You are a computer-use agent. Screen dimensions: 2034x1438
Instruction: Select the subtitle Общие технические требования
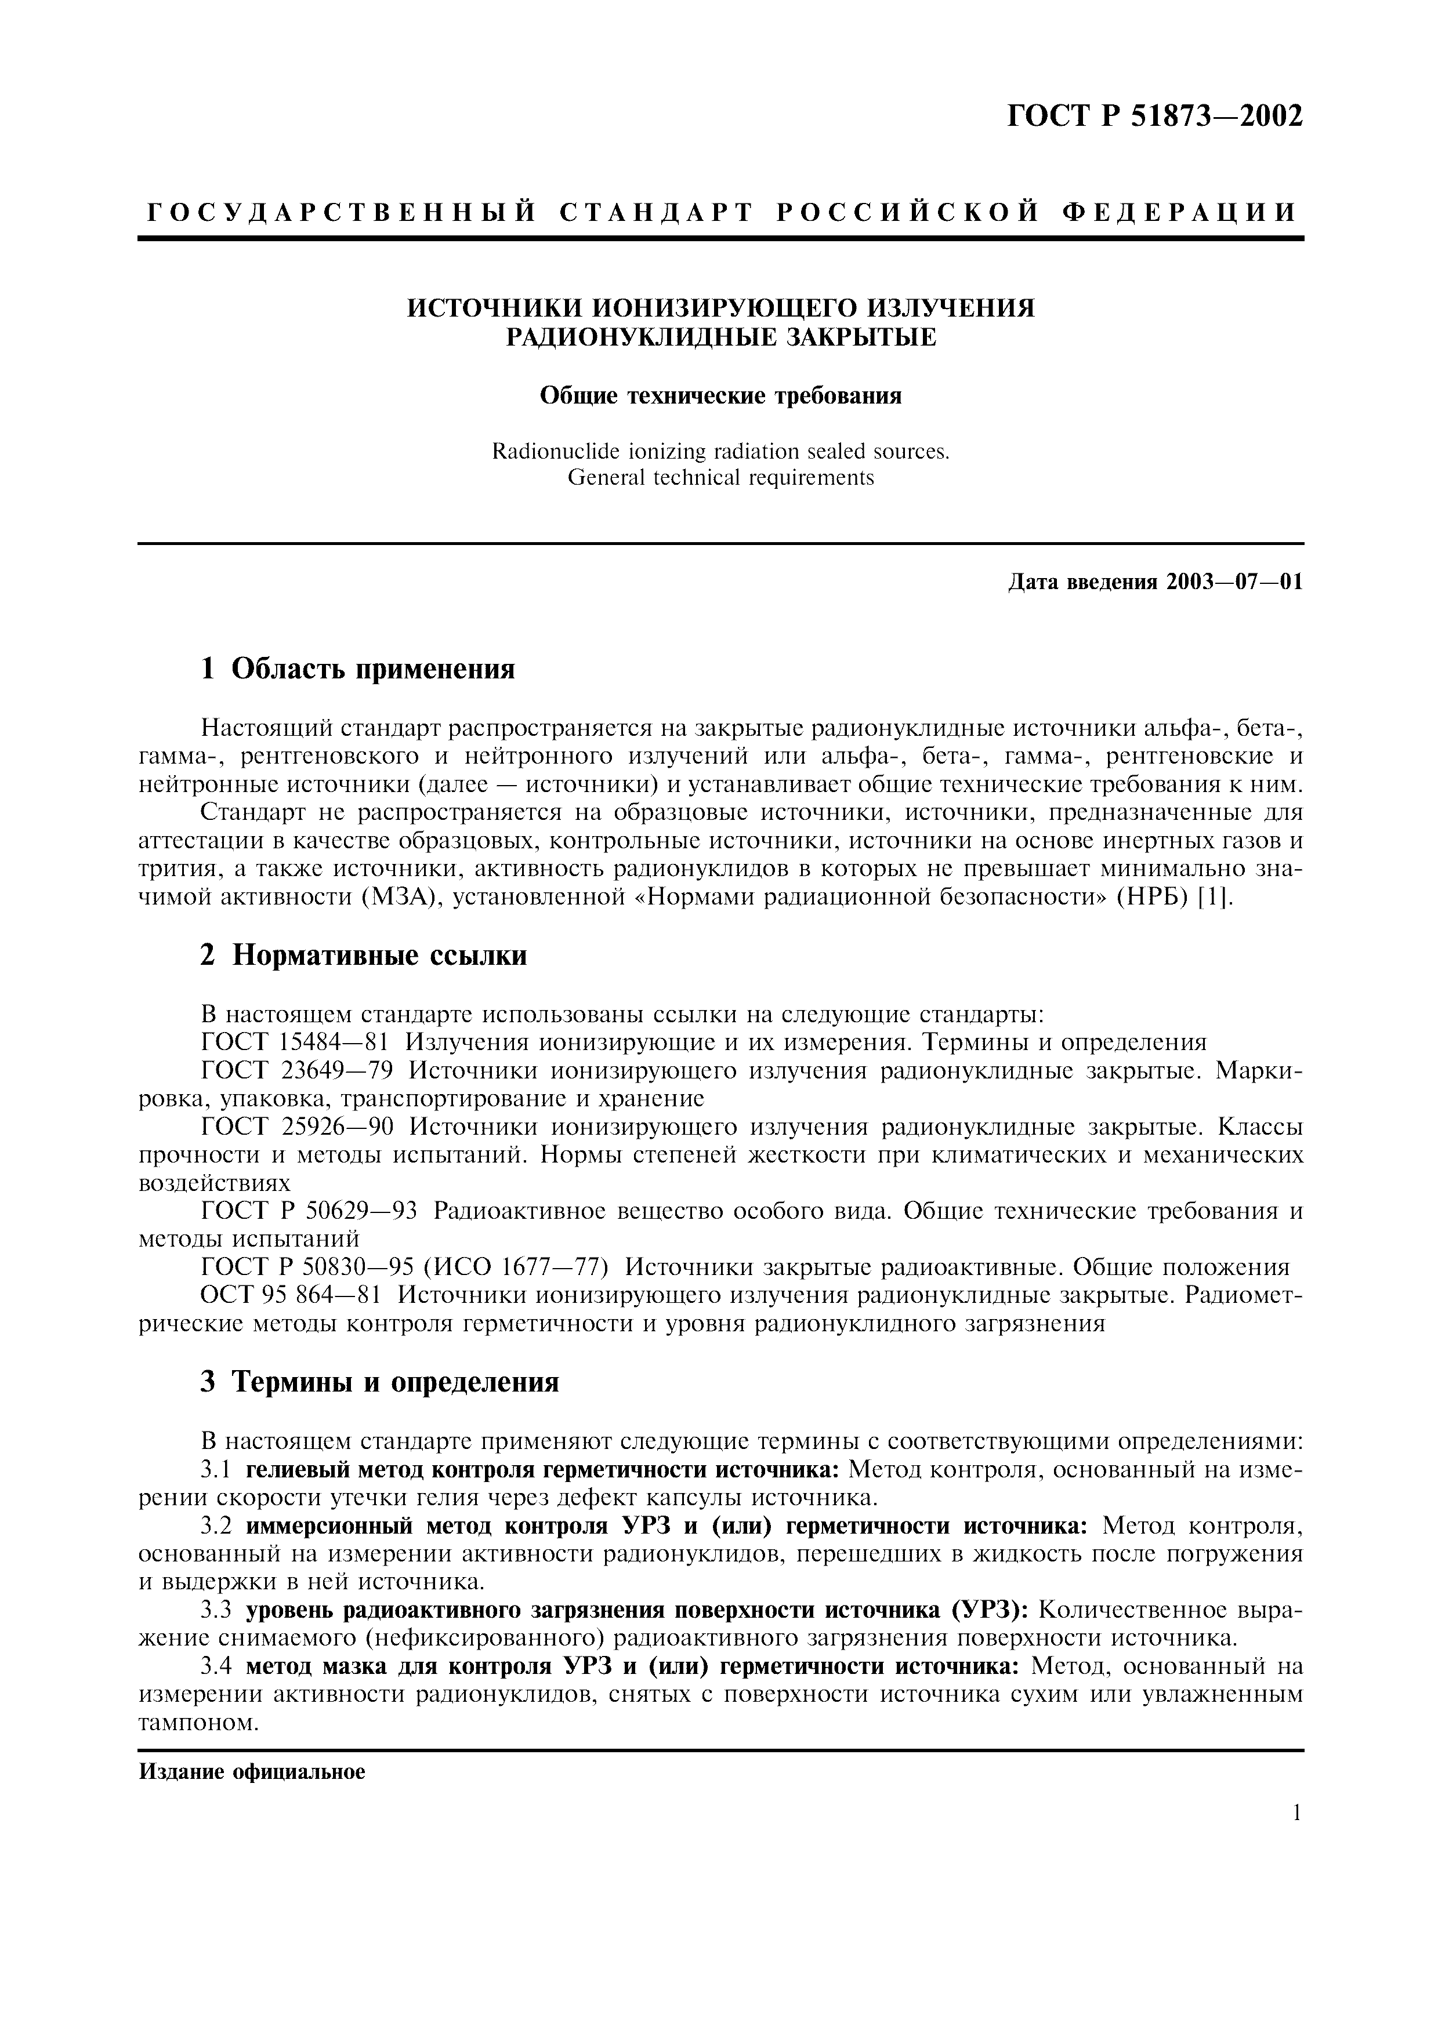point(720,396)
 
